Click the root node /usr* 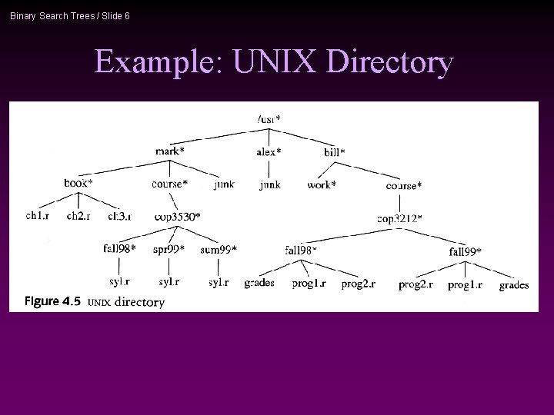269,119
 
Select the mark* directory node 169,151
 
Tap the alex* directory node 269,152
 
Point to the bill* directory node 335,152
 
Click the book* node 78,184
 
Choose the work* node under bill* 321,184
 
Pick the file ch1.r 38,217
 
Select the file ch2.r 78,217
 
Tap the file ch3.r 119,217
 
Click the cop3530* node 177,217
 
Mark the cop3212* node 399,218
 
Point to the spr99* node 169,249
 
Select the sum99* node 219,249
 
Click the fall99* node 465,251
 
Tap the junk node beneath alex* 269,184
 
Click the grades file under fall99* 513,285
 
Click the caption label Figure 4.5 52,300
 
